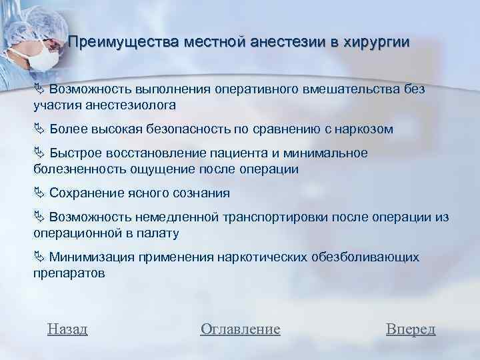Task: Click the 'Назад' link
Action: click(x=68, y=329)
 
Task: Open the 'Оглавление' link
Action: click(x=240, y=329)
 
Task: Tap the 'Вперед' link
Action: click(x=411, y=329)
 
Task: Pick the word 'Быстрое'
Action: click(x=76, y=153)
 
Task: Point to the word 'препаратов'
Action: click(x=69, y=273)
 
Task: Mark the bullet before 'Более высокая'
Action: click(x=39, y=129)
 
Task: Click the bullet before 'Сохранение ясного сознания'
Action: click(x=39, y=194)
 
